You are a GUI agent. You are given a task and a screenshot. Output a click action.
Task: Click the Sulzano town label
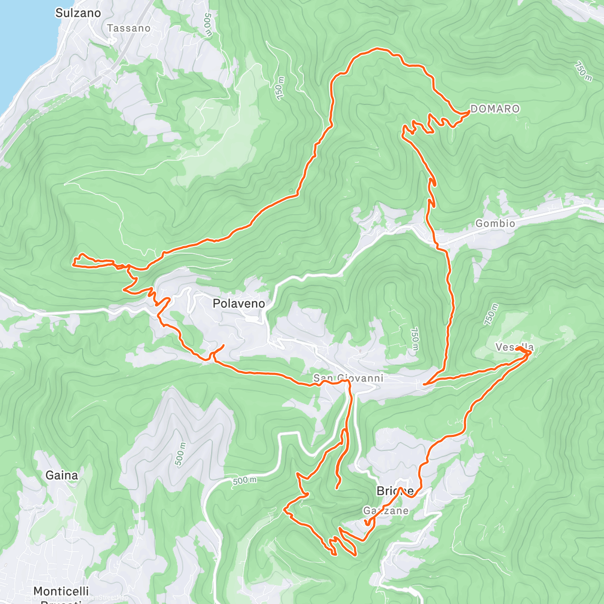tap(78, 13)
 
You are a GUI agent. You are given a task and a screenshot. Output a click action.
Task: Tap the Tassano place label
tap(129, 28)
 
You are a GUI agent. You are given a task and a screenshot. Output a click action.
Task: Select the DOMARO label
tap(495, 109)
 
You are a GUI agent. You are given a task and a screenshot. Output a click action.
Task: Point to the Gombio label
tap(495, 223)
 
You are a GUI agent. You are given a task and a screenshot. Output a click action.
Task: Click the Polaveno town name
tap(239, 304)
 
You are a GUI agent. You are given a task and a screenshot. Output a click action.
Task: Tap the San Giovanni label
tap(348, 378)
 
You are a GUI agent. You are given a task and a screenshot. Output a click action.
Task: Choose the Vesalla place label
tap(514, 347)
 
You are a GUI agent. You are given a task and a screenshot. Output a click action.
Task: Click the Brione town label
tap(395, 491)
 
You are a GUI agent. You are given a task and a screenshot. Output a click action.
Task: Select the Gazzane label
tap(386, 511)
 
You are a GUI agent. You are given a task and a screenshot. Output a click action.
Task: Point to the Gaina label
tap(62, 475)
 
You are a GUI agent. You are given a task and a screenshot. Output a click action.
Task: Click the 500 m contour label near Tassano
tap(208, 25)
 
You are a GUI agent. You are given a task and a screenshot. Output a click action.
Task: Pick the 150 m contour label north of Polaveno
tap(280, 88)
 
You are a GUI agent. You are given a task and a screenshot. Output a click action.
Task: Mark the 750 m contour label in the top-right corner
tap(583, 71)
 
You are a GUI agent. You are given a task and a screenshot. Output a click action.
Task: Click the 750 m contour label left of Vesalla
tap(492, 315)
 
